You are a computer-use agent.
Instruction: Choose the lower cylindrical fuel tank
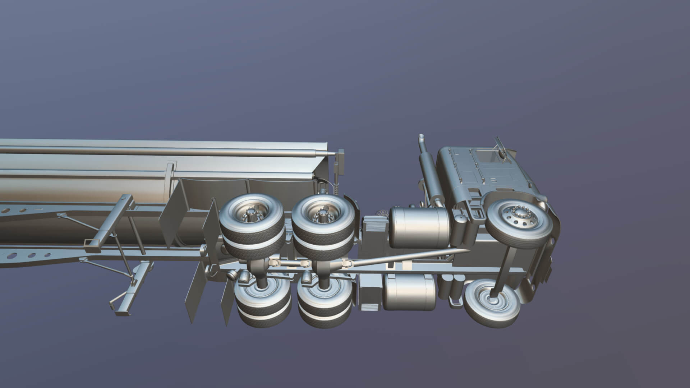(409, 292)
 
